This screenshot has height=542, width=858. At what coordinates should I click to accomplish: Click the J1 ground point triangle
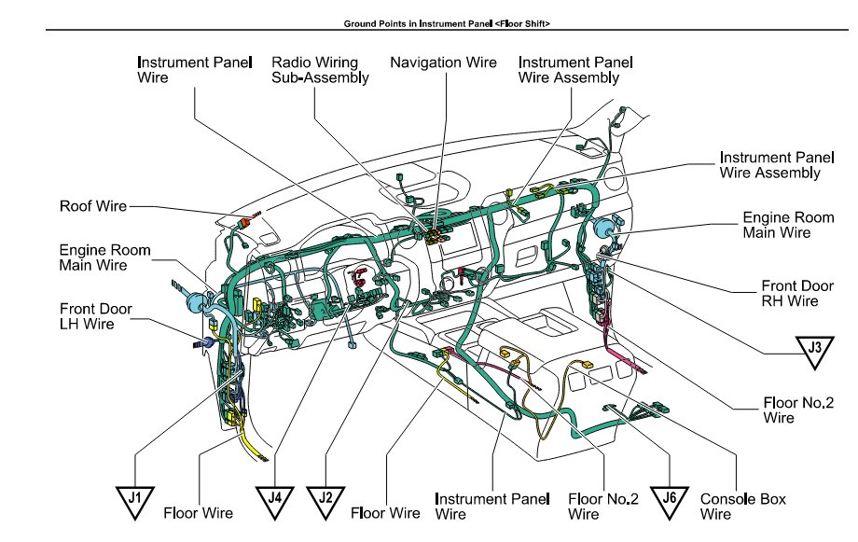(134, 502)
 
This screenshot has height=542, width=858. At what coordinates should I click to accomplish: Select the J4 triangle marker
(275, 502)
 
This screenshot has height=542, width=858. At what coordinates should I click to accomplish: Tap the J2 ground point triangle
(325, 502)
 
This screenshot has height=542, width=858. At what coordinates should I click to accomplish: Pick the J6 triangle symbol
(670, 502)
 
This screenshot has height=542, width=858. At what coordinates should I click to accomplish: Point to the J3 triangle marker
(815, 352)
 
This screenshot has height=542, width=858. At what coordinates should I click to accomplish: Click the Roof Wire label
(93, 206)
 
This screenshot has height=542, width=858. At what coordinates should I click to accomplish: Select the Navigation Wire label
(443, 63)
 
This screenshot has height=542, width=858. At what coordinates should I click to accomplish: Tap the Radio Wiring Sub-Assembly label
(320, 70)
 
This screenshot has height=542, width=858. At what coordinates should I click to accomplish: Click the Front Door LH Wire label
(95, 316)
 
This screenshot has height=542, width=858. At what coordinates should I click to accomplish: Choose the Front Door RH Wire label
(797, 294)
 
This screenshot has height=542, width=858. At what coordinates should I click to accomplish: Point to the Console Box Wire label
(742, 507)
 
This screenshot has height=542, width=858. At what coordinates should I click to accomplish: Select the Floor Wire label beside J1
(198, 513)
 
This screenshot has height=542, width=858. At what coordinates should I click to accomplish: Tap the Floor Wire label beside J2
(385, 513)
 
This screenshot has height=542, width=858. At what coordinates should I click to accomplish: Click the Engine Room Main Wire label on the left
(104, 257)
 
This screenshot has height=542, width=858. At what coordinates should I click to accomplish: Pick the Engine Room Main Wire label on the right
(788, 225)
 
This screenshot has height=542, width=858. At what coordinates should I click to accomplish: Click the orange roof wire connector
(247, 222)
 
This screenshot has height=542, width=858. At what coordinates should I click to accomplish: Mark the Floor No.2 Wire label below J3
(798, 410)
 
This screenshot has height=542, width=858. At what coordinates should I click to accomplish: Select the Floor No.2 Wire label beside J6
(603, 507)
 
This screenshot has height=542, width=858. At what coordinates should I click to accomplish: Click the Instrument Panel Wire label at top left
(194, 70)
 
